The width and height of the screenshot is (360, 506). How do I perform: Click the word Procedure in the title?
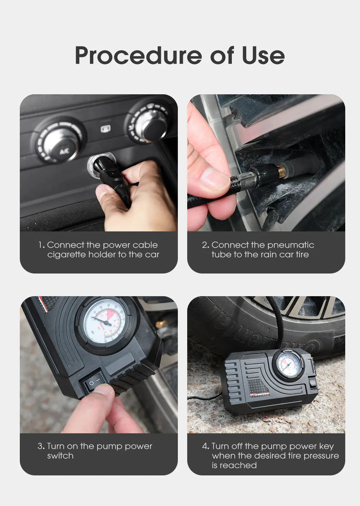coord(138,55)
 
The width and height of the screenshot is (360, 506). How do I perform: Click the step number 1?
coord(41,245)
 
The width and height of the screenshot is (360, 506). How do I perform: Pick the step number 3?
coord(40,446)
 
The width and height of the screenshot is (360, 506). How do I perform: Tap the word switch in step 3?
coord(60,456)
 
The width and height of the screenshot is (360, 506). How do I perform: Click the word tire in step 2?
coord(302,255)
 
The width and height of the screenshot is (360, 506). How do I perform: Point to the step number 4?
coord(205,446)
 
